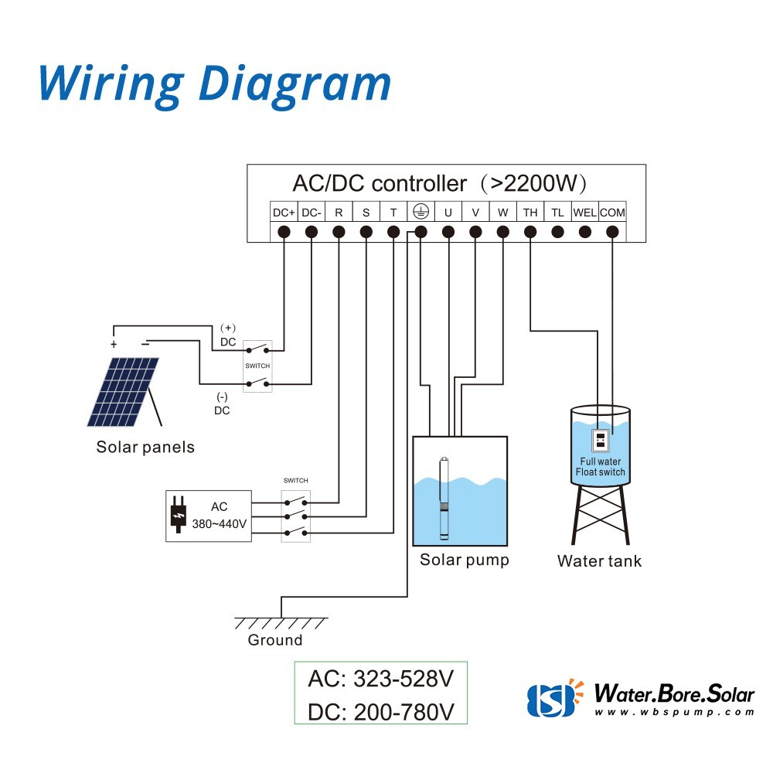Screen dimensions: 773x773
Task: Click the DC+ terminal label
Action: point(284,213)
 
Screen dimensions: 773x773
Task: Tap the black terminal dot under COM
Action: point(612,231)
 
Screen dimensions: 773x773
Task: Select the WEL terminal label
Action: point(584,213)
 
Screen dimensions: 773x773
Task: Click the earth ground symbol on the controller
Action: point(421,212)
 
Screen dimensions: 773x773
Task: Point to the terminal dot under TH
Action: point(530,231)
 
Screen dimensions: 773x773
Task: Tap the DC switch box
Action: point(257,366)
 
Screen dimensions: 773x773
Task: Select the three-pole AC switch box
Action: point(295,514)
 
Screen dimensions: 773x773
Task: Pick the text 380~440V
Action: point(220,524)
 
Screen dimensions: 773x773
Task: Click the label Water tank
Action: point(599,561)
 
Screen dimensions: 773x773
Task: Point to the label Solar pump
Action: point(465,560)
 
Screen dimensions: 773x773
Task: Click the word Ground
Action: point(275,640)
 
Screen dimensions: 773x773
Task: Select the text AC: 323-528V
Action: point(380,679)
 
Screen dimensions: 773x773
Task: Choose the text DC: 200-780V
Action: point(380,712)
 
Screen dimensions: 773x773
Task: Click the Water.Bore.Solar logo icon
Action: point(551,697)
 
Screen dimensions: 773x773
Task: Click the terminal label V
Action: point(475,213)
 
